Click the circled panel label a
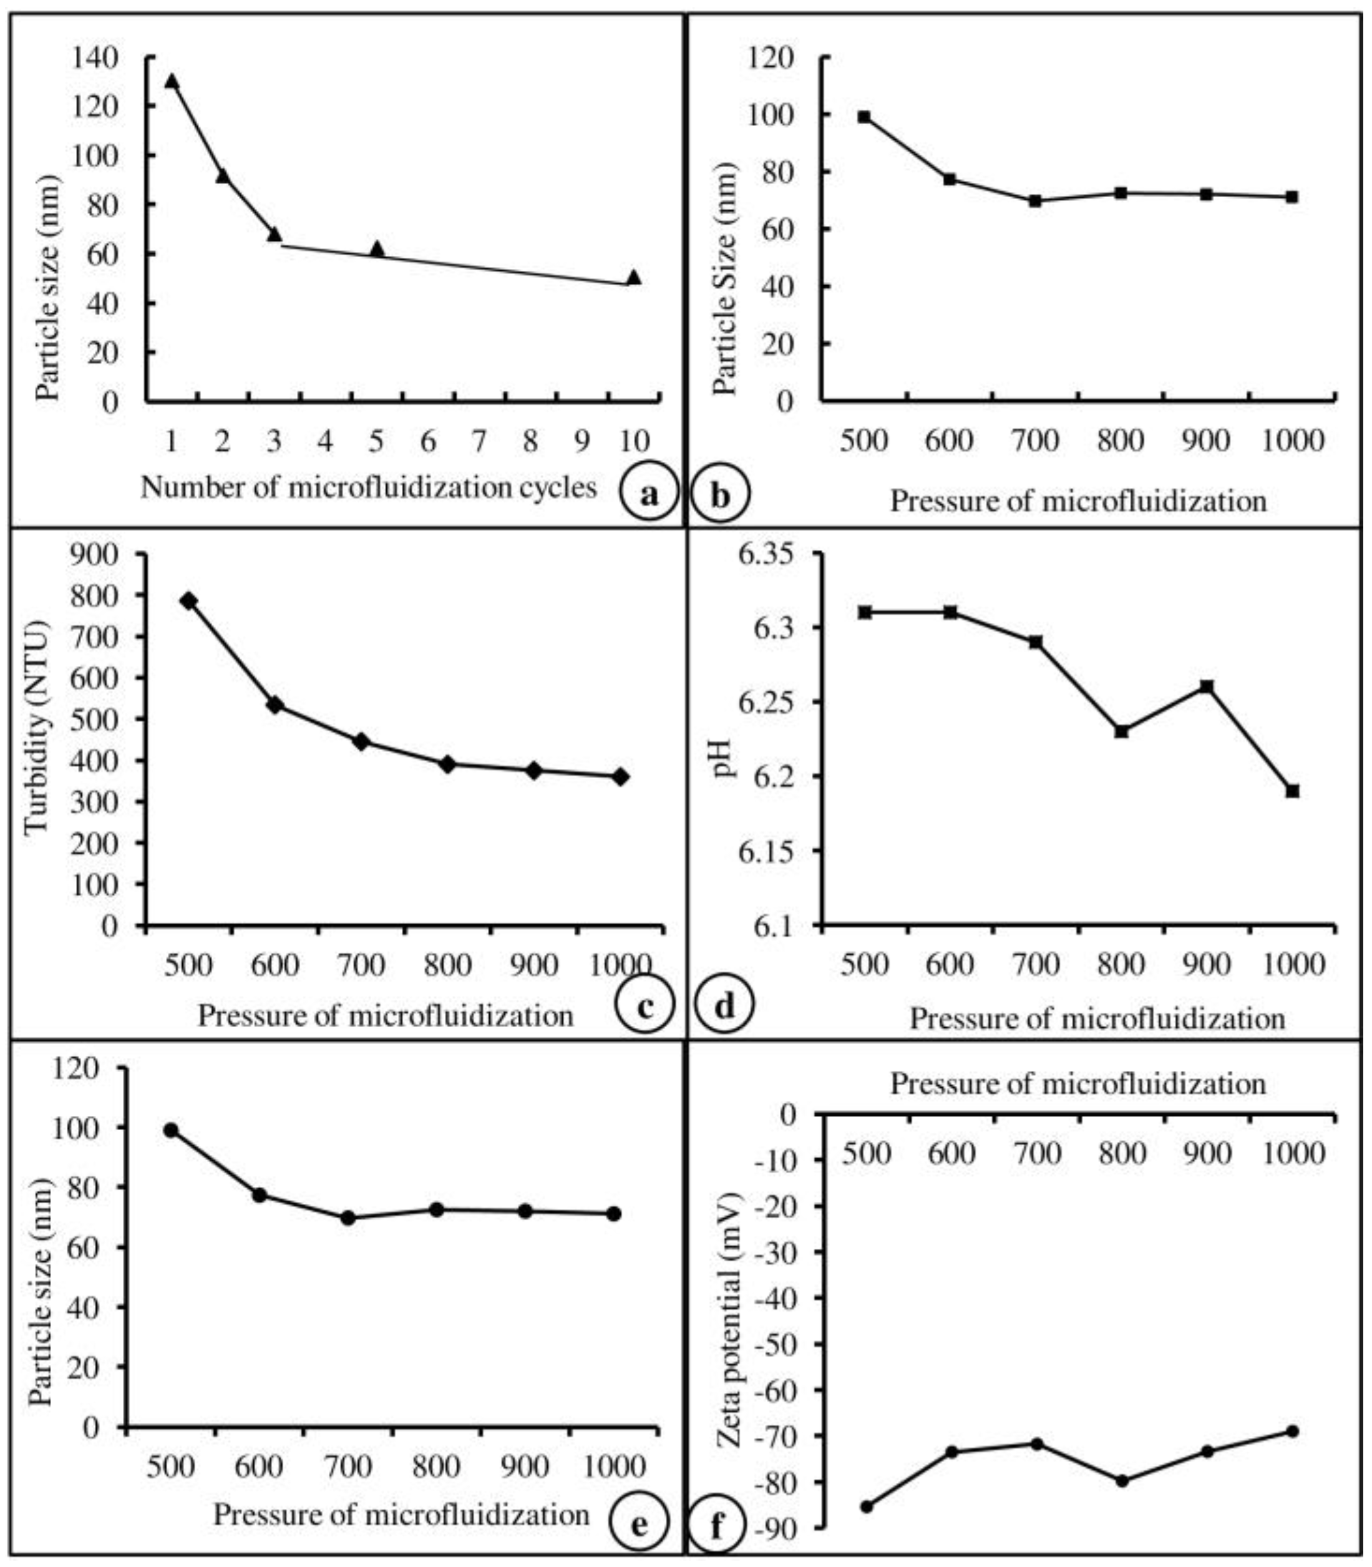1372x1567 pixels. coord(650,495)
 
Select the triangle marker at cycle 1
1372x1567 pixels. coord(172,81)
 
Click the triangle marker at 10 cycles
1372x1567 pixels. coord(633,277)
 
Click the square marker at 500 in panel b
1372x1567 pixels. coord(864,117)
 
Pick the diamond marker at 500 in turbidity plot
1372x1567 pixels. coord(188,601)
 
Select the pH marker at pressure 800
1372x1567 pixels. coord(1121,731)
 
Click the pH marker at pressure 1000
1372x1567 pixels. coord(1292,791)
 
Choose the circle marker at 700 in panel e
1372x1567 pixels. coord(348,1218)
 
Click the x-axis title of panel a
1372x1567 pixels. coord(368,487)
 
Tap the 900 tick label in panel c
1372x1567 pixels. coord(533,966)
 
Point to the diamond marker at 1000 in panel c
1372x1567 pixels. coord(620,776)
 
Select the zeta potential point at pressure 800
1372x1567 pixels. coord(1122,1480)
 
